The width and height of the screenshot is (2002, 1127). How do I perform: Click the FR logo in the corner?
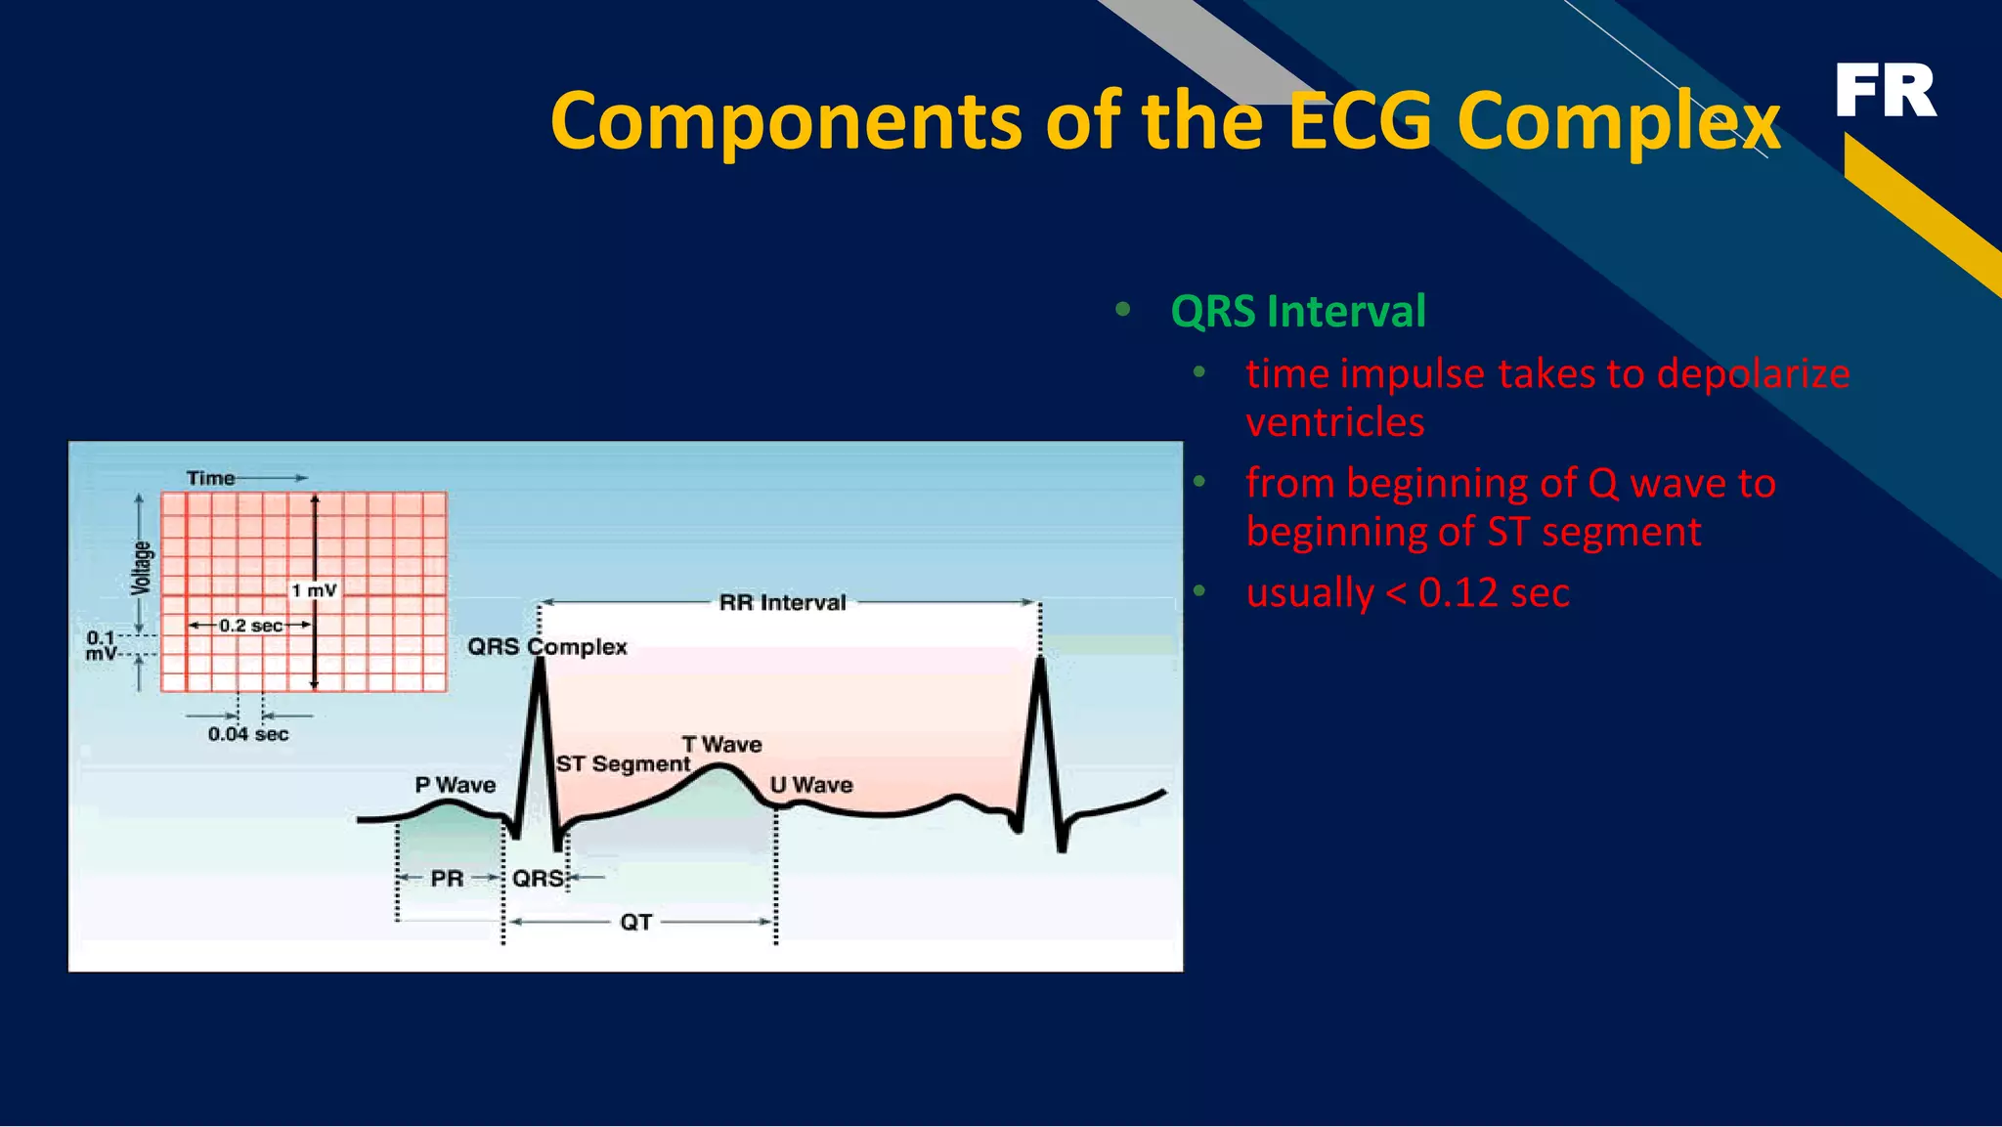coord(1885,91)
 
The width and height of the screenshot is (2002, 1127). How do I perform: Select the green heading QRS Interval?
coord(1297,312)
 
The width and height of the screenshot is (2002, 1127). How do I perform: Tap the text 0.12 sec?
coord(1493,593)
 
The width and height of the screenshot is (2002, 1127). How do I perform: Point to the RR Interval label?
coord(782,603)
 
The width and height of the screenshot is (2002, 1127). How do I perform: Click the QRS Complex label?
coord(546,647)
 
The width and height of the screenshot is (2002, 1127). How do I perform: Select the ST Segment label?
coord(623,764)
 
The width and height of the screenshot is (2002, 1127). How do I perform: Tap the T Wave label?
coord(721,745)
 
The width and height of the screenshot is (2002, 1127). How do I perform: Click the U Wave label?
coord(811,785)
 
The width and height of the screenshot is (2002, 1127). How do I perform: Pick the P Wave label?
coord(455,785)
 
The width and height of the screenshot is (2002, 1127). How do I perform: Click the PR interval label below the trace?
coord(447,879)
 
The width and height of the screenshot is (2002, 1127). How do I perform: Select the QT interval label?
coord(635,922)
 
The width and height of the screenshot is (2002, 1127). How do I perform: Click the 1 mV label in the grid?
coord(314,590)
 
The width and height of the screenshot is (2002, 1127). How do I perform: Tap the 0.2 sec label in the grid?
coord(250,626)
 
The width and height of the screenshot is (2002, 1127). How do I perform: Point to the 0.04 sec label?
coord(248,734)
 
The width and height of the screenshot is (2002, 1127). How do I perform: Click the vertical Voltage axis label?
coord(142,568)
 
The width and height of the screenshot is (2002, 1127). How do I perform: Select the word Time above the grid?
coord(210,478)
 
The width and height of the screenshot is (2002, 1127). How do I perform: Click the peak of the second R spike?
coord(1040,662)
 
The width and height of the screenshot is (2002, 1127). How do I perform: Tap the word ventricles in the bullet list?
coord(1334,423)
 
